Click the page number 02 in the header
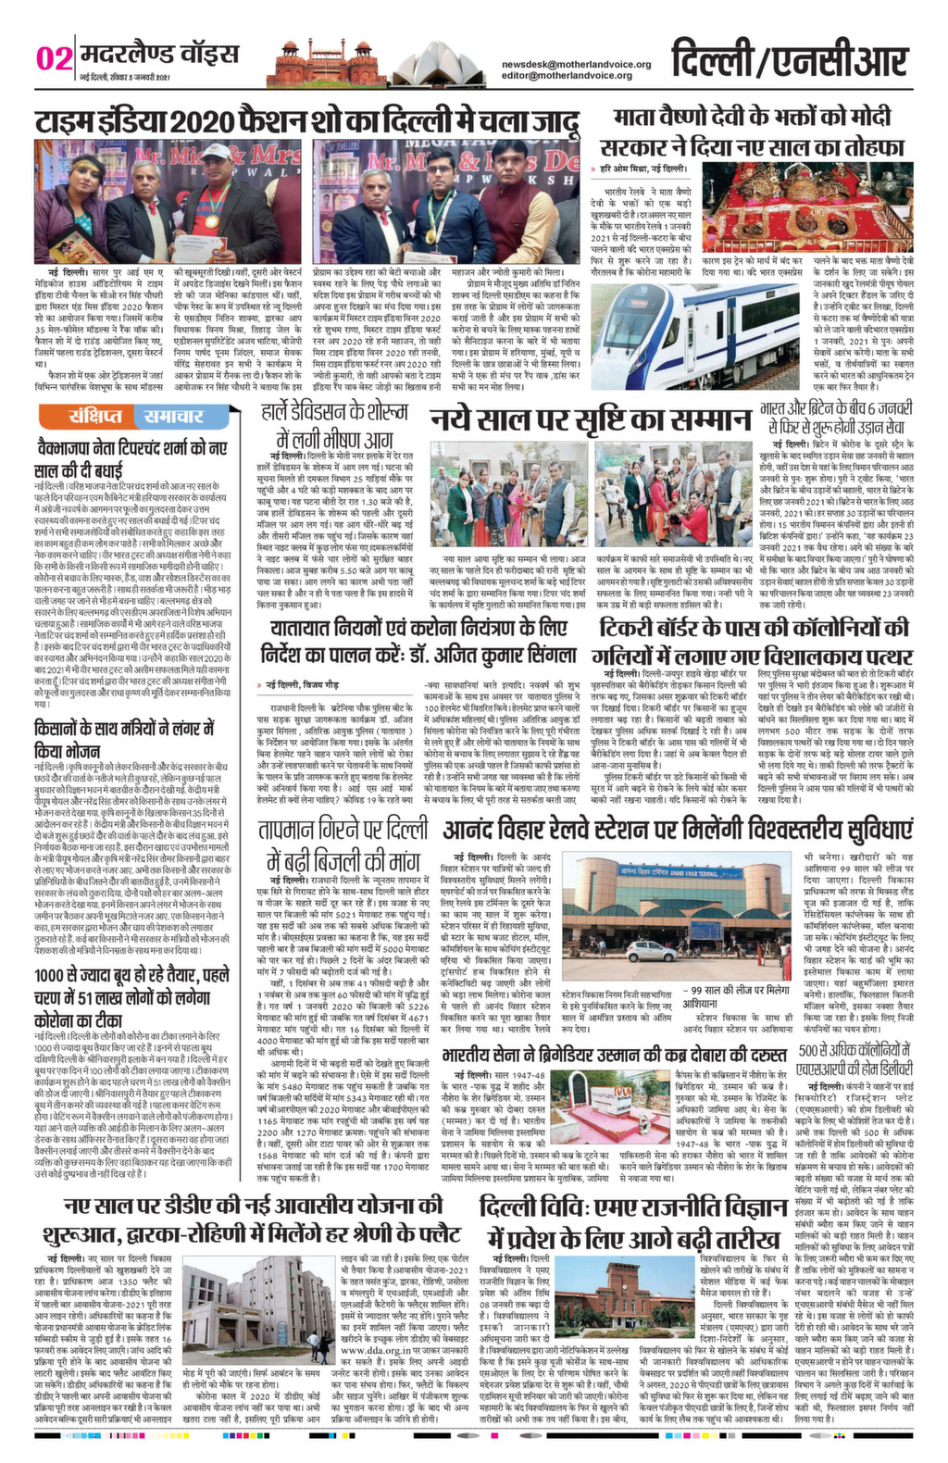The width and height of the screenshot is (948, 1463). (x=53, y=58)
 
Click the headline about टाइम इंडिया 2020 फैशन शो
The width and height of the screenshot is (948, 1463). (x=306, y=120)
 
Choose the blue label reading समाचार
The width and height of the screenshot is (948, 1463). (x=172, y=418)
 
